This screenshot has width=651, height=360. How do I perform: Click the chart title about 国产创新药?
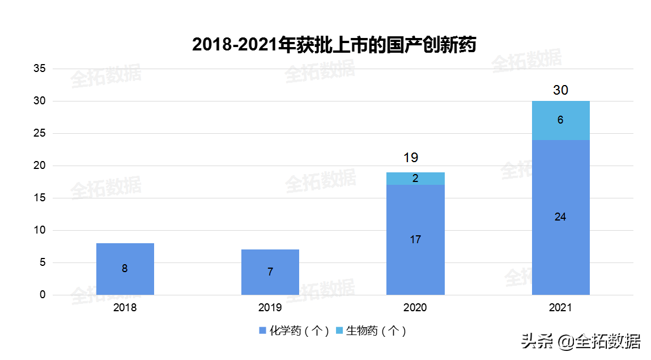click(334, 45)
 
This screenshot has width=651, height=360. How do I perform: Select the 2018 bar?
click(125, 269)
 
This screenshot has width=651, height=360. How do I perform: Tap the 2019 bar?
click(270, 272)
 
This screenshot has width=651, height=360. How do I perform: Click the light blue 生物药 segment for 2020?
click(415, 179)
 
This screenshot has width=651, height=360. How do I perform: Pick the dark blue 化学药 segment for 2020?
click(415, 240)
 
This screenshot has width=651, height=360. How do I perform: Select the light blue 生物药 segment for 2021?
click(560, 120)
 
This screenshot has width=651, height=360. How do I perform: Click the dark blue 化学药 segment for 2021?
click(560, 217)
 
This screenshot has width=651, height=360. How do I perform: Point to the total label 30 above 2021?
click(560, 90)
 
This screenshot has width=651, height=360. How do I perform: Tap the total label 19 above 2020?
click(411, 158)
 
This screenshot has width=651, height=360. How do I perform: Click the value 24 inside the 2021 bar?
click(560, 217)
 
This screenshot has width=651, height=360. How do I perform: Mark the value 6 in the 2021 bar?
click(560, 120)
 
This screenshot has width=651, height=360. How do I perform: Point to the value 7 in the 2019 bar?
click(270, 272)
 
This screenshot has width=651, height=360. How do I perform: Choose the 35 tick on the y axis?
click(40, 69)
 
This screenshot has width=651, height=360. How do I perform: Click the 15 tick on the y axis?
click(40, 198)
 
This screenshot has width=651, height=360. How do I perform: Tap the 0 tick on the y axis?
click(42, 295)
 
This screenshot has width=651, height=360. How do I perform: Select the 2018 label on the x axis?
click(125, 308)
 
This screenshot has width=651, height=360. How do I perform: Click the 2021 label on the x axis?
click(560, 308)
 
